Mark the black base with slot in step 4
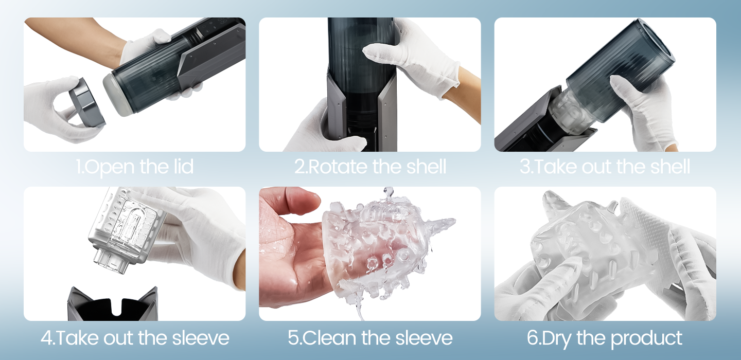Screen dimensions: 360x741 pos(112,306)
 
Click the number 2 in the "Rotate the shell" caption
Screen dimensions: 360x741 pos(299,167)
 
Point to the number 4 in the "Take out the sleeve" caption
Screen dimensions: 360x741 pos(46,338)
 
